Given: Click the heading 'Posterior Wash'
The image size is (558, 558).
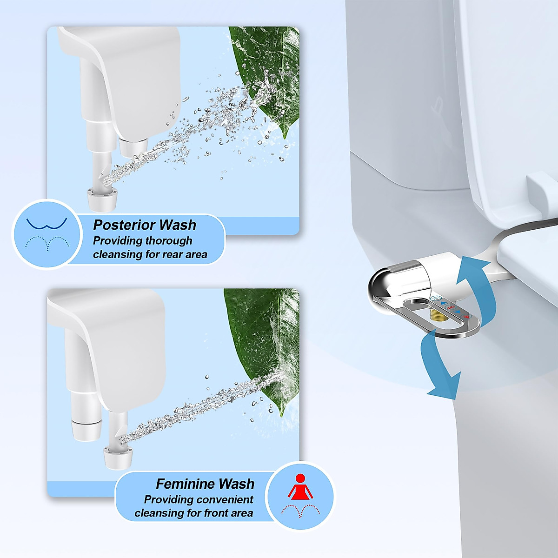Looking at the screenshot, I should [145, 225].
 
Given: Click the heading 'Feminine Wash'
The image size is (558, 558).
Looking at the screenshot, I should [205, 484].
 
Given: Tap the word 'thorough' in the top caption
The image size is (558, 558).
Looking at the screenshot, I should [169, 241].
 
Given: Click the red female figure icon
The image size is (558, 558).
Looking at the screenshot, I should [300, 487].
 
